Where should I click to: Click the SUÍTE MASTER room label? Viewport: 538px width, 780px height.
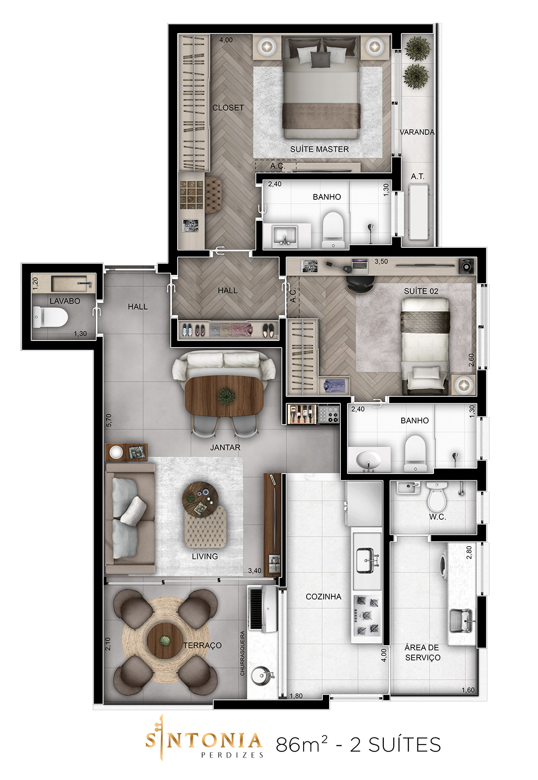click(x=319, y=149)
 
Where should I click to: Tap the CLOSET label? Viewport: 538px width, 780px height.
click(x=228, y=108)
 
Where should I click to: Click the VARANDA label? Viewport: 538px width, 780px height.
click(x=417, y=132)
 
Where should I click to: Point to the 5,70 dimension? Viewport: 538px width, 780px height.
click(x=109, y=420)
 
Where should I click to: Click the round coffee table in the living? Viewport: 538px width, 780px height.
click(x=200, y=500)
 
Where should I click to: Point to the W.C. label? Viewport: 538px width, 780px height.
click(x=437, y=517)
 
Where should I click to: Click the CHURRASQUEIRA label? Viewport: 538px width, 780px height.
click(x=243, y=653)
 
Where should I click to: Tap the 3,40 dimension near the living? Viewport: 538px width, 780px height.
click(x=255, y=571)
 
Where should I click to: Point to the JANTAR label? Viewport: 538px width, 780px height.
click(x=225, y=448)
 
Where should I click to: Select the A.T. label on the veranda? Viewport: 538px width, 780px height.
click(x=417, y=177)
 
